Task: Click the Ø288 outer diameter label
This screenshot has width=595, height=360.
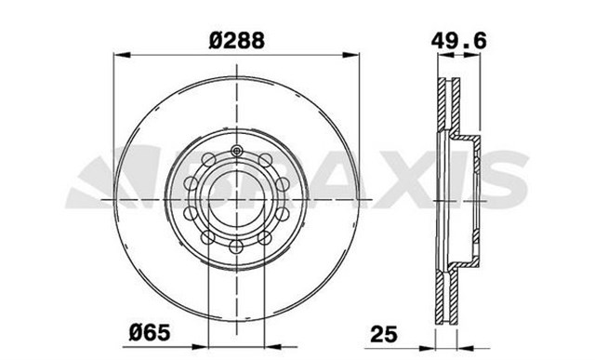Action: [238, 41]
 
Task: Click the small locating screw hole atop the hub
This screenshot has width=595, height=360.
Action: [238, 151]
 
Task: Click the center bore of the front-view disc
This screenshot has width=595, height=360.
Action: [238, 198]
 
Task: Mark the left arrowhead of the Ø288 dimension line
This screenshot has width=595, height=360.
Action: [117, 57]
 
